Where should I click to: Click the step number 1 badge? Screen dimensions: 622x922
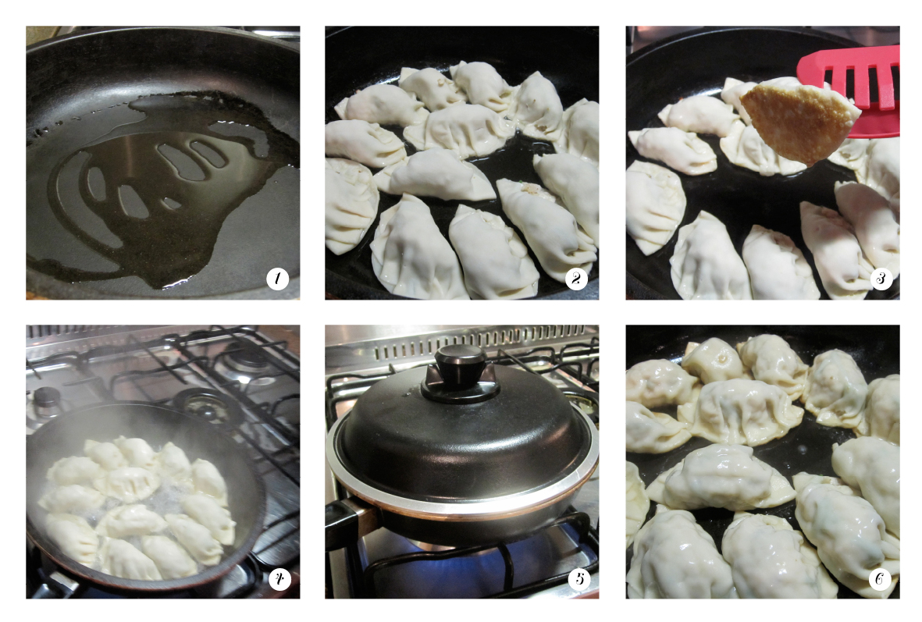tap(278, 279)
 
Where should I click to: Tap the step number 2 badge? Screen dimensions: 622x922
tap(577, 279)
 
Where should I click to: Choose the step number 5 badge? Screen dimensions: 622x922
tap(578, 578)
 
